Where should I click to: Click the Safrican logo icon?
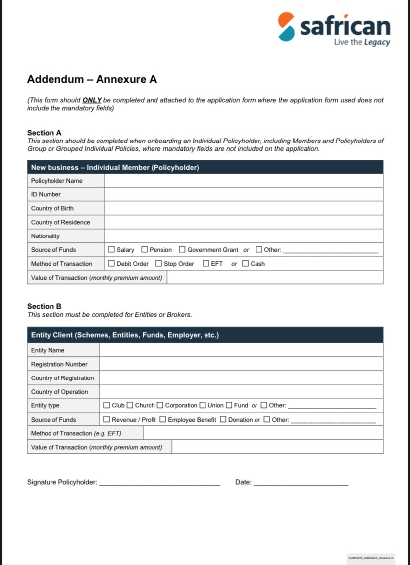tap(286, 27)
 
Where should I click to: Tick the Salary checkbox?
tap(111, 250)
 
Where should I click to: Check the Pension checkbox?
tap(145, 250)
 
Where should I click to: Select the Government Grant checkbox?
tap(182, 250)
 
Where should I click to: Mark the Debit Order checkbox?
tap(111, 264)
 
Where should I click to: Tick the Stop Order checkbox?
tap(159, 264)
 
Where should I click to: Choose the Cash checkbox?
tap(246, 264)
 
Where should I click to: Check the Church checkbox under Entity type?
tap(130, 405)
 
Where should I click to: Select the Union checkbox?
tap(203, 405)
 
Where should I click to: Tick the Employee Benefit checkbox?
tap(163, 420)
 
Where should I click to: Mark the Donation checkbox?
tap(223, 420)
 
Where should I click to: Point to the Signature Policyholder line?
tap(159, 482)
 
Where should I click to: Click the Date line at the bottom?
tap(301, 482)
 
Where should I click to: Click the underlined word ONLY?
tap(92, 100)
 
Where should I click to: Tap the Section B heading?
tap(45, 306)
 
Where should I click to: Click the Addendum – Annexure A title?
tap(92, 79)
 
